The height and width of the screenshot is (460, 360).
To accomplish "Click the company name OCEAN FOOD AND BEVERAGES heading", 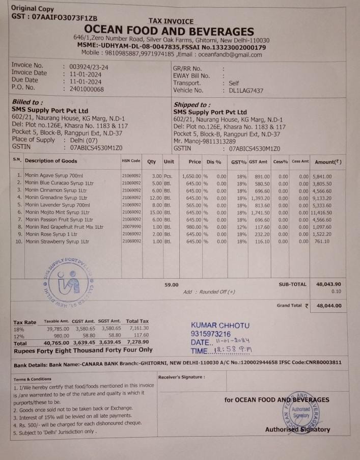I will pos(169,32).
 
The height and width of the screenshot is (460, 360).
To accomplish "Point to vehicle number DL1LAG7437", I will pos(246,91).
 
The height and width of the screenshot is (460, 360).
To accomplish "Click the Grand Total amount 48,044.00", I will pos(329,306).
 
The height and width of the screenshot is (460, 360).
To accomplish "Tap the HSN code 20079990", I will pos(131,227).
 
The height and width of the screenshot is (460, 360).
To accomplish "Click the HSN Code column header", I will pos(131,161).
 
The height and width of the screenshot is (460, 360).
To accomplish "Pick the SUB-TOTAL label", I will pos(292,284).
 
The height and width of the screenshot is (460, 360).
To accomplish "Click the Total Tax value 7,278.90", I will pos(137,343).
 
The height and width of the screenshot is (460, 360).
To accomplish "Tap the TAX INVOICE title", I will pos(171,21).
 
